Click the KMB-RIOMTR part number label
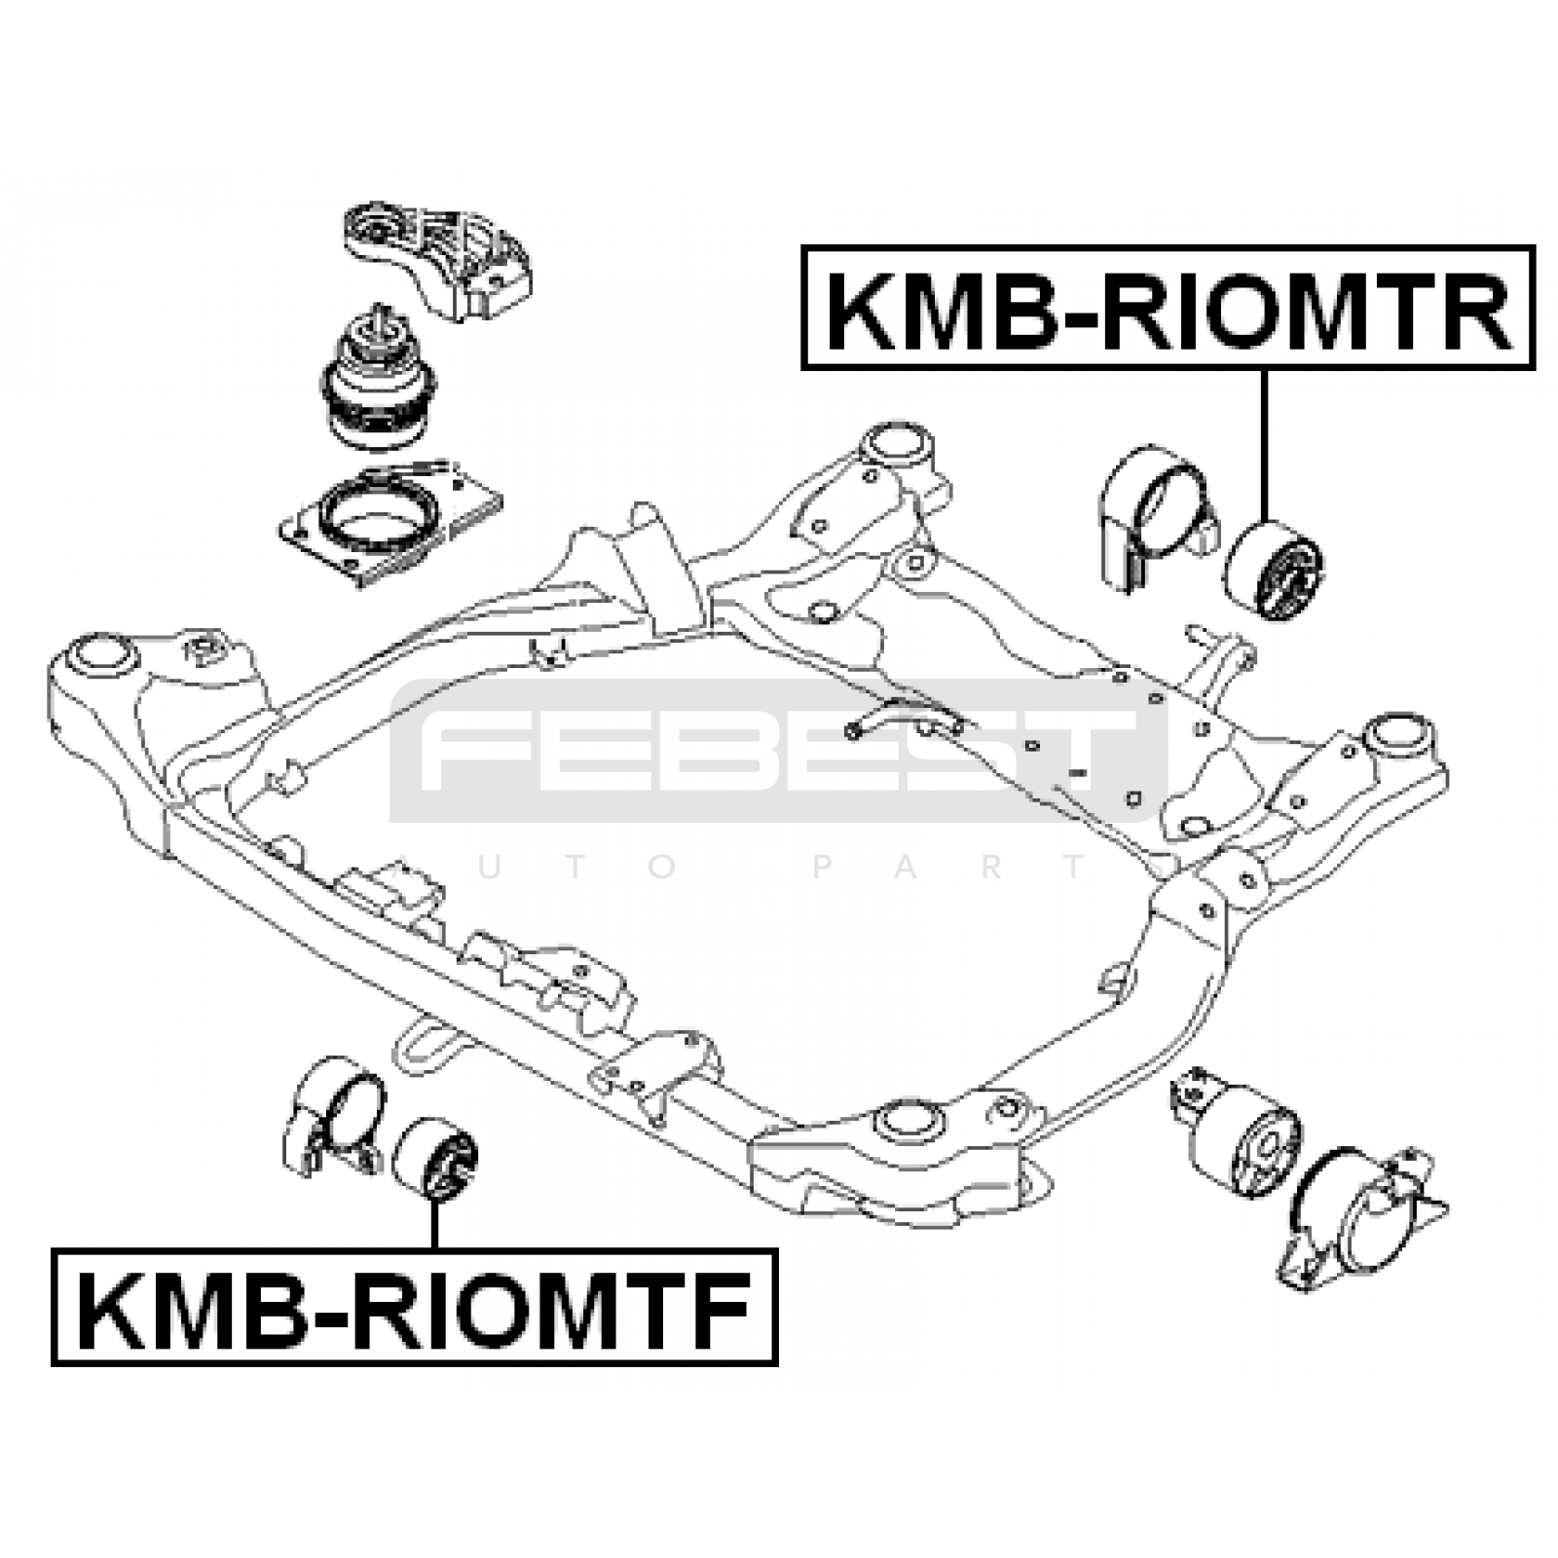coord(1168,308)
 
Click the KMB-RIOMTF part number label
coord(415,1306)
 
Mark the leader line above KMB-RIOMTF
coord(434,1225)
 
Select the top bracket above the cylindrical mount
coord(438,261)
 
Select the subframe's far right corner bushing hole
coord(1397,733)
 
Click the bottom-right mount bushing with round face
coord(1243,1134)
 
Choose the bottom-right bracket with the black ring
coord(1362,1218)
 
